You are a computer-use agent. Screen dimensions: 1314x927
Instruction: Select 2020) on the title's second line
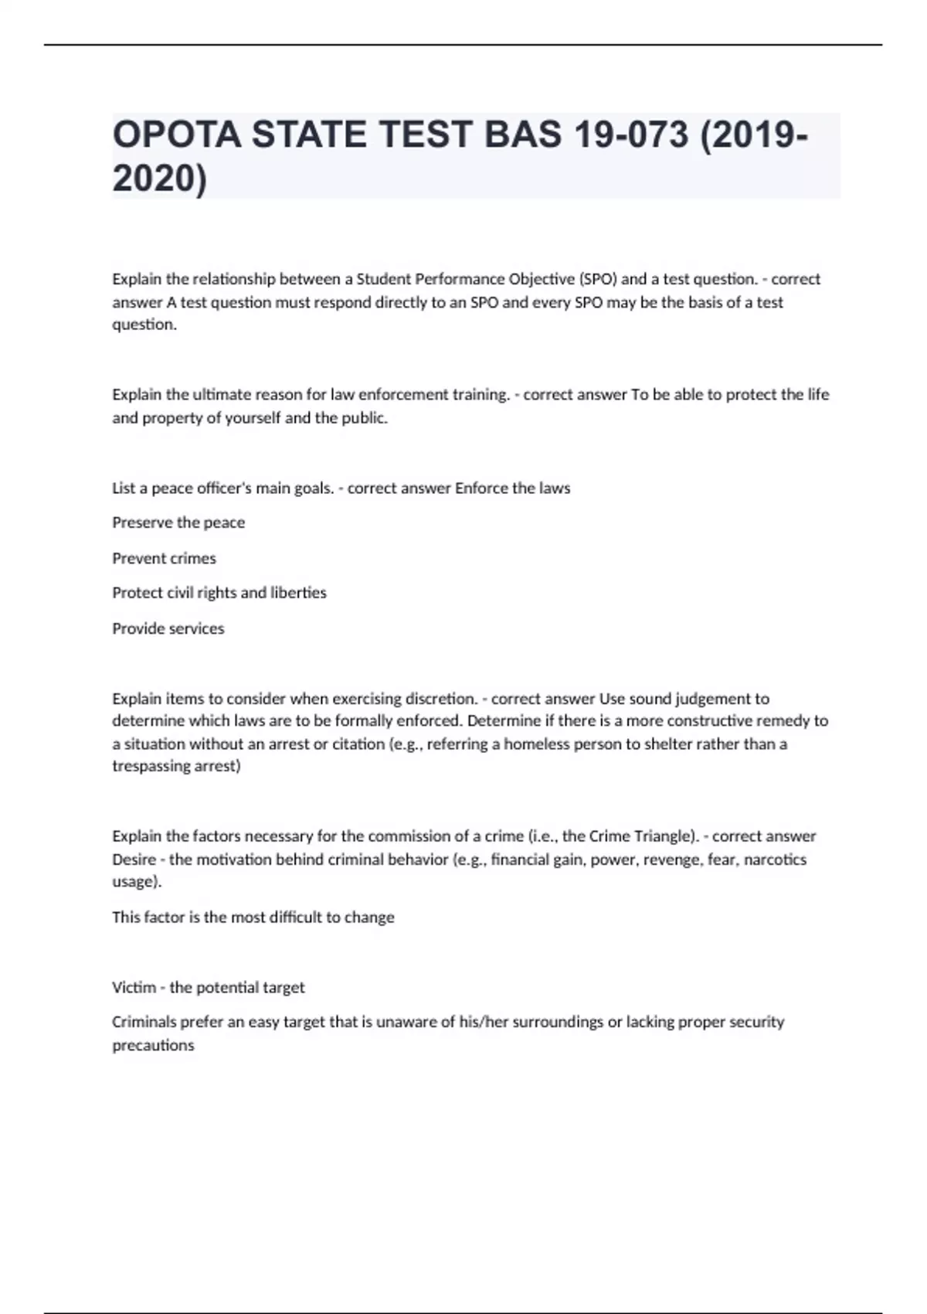160,179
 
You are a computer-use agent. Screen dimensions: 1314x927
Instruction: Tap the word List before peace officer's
124,488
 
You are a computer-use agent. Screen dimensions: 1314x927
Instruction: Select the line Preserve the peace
178,523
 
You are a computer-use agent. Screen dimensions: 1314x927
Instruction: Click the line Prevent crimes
164,558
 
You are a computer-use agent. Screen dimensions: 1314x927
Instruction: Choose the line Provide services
168,628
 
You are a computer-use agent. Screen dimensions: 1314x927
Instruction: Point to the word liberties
298,593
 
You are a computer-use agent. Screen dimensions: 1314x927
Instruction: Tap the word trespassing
151,766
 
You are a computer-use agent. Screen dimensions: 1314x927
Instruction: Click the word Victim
134,988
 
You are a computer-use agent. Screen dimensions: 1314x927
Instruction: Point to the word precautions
153,1046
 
